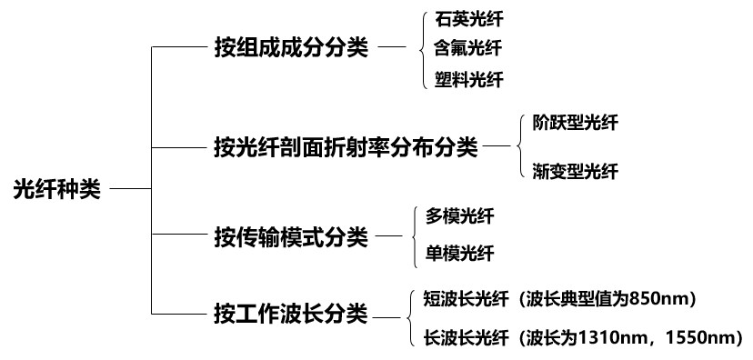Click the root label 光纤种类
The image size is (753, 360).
point(57,189)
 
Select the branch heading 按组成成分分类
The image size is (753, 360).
point(291,47)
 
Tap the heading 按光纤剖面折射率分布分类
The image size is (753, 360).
point(346,147)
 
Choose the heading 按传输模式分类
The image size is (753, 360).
point(291,236)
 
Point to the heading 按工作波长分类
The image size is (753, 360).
point(291,315)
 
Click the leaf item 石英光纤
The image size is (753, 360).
point(469,20)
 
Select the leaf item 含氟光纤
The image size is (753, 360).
point(468,48)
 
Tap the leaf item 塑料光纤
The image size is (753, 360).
point(469,79)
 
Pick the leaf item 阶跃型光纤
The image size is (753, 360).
point(576,123)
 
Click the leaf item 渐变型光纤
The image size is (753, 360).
point(576,171)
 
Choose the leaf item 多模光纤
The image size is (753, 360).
point(459,216)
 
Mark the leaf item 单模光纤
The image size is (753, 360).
point(459,253)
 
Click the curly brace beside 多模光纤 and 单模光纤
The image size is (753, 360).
point(414,235)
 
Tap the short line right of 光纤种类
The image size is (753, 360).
point(131,189)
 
